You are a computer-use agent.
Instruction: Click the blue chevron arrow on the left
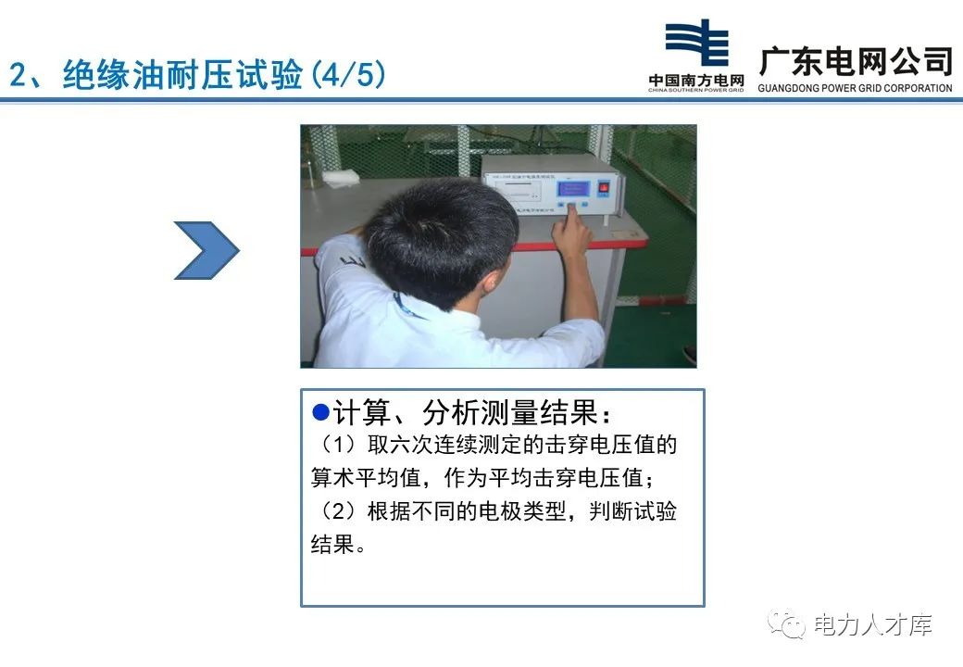tap(206, 250)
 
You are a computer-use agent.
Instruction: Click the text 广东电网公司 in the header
tap(856, 61)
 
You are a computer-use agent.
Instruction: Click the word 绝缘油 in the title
tap(110, 74)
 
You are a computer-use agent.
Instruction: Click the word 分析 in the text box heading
tap(448, 413)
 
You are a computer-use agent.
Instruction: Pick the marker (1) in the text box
tap(336, 446)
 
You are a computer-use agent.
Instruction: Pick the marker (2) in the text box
tap(336, 511)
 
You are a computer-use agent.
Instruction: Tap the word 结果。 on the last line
tap(338, 545)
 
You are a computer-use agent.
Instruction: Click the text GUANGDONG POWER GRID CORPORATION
tap(855, 89)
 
